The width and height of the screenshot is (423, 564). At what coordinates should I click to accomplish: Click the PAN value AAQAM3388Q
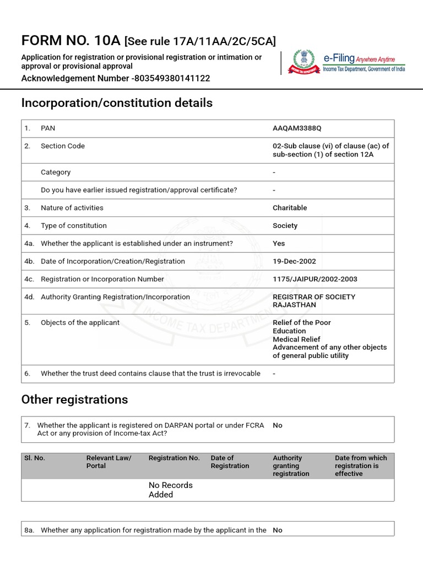click(x=296, y=128)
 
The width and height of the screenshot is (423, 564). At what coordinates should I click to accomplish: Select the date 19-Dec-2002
click(x=294, y=261)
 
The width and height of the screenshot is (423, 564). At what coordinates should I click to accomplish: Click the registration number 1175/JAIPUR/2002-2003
click(x=314, y=279)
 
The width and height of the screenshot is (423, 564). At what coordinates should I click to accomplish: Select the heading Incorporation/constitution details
click(x=117, y=103)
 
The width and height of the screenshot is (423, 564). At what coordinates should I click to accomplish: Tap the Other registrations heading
click(x=74, y=399)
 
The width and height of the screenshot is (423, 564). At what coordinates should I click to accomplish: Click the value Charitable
click(x=290, y=208)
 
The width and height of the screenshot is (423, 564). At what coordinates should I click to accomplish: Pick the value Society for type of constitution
click(x=285, y=225)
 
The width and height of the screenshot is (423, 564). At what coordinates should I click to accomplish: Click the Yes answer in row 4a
click(x=279, y=243)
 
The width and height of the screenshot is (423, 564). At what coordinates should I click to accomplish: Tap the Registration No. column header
click(x=174, y=458)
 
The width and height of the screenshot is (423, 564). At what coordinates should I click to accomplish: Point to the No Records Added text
click(x=171, y=490)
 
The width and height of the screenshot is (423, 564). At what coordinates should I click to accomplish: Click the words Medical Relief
click(x=296, y=339)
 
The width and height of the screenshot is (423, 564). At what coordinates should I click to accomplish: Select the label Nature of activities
click(x=72, y=208)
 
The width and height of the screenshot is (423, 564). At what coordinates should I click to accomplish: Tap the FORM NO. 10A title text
click(x=71, y=40)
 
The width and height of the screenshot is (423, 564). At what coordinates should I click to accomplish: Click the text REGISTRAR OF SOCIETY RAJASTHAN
click(x=314, y=301)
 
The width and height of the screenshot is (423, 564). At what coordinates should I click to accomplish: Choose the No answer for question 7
click(x=278, y=425)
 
